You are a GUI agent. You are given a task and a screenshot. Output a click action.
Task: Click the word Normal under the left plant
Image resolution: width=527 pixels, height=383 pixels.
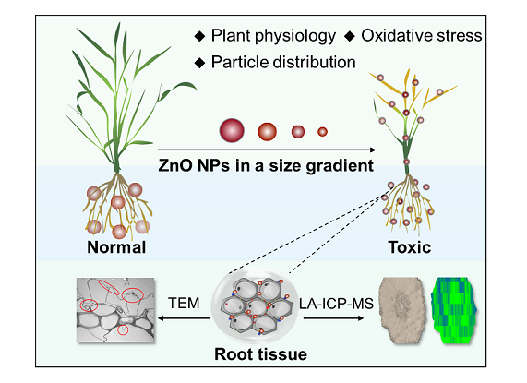pyautogui.click(x=116, y=247)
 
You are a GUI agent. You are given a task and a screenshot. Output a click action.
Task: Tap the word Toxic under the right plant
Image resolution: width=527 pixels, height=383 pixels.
pyautogui.click(x=410, y=247)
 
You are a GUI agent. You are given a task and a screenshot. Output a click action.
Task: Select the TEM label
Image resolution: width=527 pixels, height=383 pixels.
pyautogui.click(x=184, y=303)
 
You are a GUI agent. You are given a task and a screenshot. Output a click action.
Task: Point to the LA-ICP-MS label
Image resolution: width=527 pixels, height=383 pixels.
pyautogui.click(x=336, y=304)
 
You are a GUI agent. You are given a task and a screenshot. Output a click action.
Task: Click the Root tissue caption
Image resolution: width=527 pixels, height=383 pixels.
pyautogui.click(x=261, y=354)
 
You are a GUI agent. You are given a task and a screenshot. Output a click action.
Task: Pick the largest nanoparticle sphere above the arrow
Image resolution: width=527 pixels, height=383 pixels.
pyautogui.click(x=232, y=130)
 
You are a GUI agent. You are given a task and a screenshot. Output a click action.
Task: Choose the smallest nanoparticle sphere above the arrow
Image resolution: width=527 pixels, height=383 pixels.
pyautogui.click(x=322, y=132)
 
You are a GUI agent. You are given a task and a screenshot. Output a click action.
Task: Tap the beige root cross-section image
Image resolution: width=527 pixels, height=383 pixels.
pyautogui.click(x=401, y=310)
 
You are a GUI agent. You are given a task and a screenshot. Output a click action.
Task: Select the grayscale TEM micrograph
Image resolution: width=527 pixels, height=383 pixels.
pyautogui.click(x=115, y=310)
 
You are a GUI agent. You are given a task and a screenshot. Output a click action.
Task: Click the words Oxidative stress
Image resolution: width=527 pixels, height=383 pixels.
pyautogui.click(x=422, y=36)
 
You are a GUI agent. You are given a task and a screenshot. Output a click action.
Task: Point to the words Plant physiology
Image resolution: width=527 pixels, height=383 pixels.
pyautogui.click(x=273, y=36)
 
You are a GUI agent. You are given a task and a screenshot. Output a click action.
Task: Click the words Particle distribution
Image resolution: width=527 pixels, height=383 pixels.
pyautogui.click(x=283, y=62)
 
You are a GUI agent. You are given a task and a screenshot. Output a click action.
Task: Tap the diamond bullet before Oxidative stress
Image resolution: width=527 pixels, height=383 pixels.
pyautogui.click(x=350, y=36)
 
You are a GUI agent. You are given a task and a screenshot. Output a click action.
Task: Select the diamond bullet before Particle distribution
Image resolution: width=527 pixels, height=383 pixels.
pyautogui.click(x=200, y=63)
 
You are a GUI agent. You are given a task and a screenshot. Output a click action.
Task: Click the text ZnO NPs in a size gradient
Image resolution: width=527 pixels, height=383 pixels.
pyautogui.click(x=266, y=165)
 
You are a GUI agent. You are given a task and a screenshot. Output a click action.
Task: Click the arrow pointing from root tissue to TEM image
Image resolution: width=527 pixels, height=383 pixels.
pyautogui.click(x=184, y=318)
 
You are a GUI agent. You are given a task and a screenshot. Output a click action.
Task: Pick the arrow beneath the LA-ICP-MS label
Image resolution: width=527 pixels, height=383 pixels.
pyautogui.click(x=334, y=318)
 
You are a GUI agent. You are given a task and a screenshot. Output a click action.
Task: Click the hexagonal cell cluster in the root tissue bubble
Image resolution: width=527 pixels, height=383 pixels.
pyautogui.click(x=257, y=306)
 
